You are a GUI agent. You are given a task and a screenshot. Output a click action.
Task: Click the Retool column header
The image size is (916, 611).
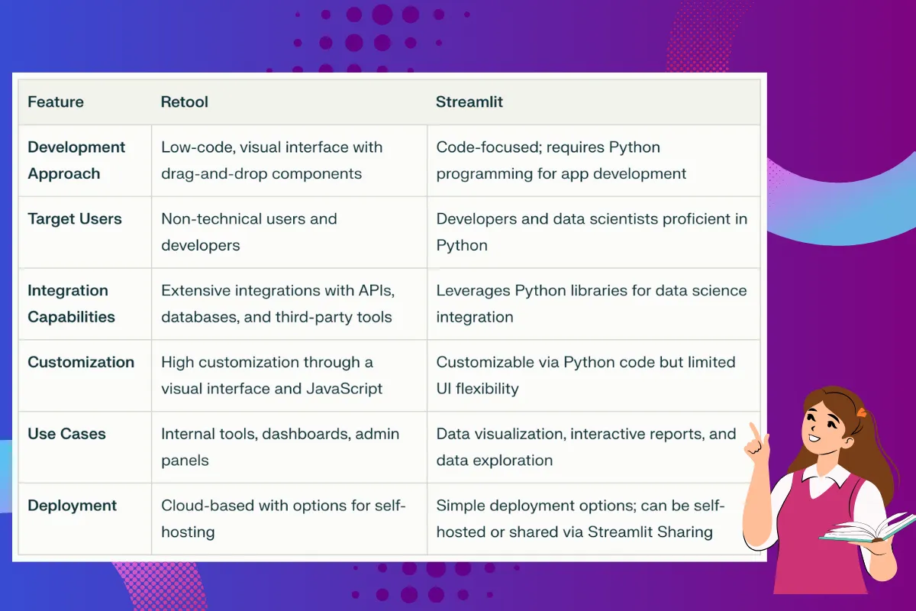[x=185, y=102]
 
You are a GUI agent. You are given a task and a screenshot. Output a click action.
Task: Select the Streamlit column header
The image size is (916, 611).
[x=469, y=102]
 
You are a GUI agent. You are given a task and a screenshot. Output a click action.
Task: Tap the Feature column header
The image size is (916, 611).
[x=56, y=102]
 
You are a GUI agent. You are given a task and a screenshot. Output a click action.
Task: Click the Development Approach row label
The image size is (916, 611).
[x=76, y=160]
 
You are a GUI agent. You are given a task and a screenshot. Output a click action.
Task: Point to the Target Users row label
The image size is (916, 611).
[x=75, y=219]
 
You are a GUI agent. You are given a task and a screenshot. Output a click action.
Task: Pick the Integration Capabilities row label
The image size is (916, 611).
[x=71, y=304]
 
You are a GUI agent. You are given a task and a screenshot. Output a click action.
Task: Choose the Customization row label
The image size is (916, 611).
[x=81, y=362]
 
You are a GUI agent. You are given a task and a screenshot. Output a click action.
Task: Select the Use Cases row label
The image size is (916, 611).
[x=66, y=434]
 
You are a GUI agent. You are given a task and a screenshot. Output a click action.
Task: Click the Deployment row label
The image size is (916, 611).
[x=72, y=506]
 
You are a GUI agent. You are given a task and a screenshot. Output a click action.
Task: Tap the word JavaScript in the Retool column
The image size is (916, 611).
[x=344, y=389]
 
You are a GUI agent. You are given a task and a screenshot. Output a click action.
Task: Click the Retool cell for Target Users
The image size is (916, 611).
[x=249, y=232]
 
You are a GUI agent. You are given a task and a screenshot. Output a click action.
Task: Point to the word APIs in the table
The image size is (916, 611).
[x=376, y=291]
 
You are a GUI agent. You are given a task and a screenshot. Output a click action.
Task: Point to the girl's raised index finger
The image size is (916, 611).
[x=754, y=432]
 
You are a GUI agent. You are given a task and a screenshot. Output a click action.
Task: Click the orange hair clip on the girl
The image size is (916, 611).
[x=861, y=412]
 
